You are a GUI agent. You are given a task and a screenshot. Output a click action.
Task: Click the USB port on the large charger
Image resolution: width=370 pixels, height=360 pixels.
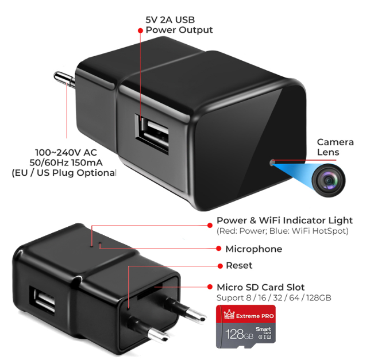pyautogui.click(x=152, y=134)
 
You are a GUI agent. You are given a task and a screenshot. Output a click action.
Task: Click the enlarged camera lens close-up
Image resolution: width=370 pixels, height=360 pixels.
pyautogui.click(x=328, y=180)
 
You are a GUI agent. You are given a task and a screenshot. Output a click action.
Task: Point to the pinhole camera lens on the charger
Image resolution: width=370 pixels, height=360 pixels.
pyautogui.click(x=272, y=162)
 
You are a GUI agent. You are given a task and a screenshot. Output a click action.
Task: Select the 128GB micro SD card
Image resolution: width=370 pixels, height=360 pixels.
pyautogui.click(x=246, y=327)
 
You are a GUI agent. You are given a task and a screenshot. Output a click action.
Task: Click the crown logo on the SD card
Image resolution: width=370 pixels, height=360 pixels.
pyautogui.click(x=229, y=315)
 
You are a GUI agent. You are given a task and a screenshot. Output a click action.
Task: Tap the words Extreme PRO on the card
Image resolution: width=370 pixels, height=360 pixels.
pyautogui.click(x=255, y=316)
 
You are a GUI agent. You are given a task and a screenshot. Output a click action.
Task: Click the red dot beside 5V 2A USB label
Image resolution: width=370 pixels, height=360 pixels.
pyautogui.click(x=140, y=30)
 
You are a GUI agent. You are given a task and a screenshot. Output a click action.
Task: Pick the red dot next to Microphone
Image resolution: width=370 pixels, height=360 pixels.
pyautogui.click(x=219, y=249)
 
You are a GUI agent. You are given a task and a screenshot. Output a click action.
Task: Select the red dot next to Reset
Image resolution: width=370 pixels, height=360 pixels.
pyautogui.click(x=220, y=266)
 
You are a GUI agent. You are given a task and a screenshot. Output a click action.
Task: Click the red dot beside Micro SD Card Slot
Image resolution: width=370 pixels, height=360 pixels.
pyautogui.click(x=210, y=287)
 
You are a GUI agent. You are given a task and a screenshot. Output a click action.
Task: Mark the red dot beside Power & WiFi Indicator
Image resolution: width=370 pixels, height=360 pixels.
pyautogui.click(x=210, y=225)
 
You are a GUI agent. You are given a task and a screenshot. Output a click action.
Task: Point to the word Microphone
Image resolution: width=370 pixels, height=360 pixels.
pyautogui.click(x=254, y=249)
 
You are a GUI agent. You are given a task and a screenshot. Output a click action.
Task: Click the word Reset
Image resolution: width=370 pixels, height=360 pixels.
pyautogui.click(x=239, y=265)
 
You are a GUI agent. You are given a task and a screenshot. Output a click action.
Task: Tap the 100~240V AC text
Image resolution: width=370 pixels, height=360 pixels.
pyautogui.click(x=66, y=153)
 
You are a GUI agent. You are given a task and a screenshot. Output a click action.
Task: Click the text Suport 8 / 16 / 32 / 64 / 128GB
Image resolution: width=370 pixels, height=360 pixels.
pyautogui.click(x=273, y=298)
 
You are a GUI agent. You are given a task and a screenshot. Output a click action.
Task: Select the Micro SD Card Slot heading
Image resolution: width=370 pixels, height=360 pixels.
pyautogui.click(x=260, y=288)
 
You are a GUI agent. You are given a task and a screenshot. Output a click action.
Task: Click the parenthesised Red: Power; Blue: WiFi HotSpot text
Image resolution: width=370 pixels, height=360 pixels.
pyautogui.click(x=283, y=231)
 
